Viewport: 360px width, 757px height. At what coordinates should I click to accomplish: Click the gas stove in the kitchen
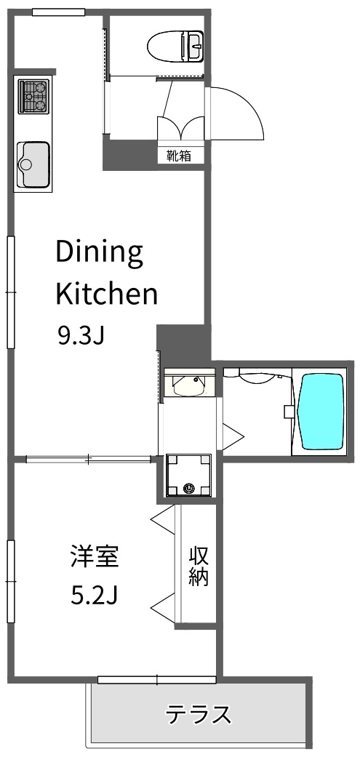33,97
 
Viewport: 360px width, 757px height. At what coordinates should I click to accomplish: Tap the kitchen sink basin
33,164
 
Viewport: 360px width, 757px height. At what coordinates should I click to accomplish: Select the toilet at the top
176,47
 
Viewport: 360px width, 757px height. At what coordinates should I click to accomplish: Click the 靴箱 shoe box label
179,156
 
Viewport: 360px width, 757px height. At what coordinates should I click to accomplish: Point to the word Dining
100,252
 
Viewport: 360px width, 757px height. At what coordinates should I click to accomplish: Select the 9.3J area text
81,336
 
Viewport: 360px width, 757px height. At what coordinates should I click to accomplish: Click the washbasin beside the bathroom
189,383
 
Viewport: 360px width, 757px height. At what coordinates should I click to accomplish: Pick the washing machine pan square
188,475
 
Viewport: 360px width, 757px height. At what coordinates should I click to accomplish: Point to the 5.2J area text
95,596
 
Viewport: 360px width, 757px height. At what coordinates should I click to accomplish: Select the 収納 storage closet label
199,566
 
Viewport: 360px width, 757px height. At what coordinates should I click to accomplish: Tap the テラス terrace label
199,715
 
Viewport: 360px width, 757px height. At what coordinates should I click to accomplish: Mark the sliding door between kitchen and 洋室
89,459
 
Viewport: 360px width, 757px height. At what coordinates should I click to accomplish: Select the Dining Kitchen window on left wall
11,292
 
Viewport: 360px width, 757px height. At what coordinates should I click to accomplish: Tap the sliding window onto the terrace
157,680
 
